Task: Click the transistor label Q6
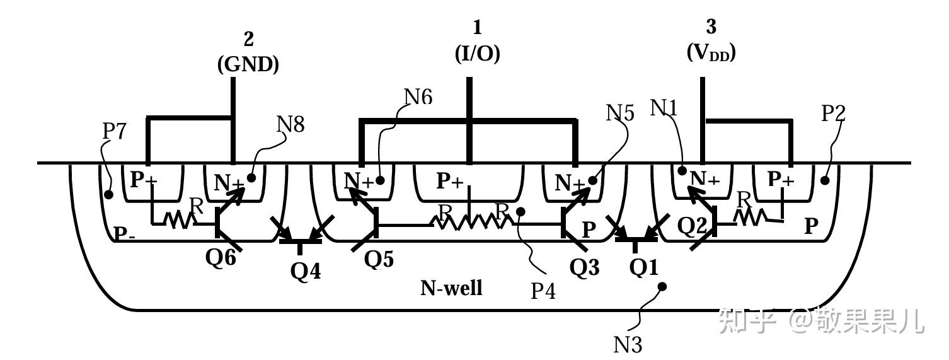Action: (x=221, y=258)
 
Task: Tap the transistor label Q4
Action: (x=306, y=271)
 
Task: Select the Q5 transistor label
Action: (x=379, y=260)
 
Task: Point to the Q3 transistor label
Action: (x=584, y=267)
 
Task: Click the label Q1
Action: (x=643, y=267)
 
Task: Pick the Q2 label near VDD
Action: (x=693, y=224)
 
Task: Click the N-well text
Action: (x=451, y=288)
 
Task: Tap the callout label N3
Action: (x=628, y=344)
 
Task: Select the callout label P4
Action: (x=543, y=291)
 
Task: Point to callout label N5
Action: (x=621, y=113)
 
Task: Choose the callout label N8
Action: (x=290, y=124)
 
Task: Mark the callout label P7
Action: (x=114, y=131)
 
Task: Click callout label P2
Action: (x=834, y=113)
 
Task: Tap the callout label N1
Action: (x=664, y=108)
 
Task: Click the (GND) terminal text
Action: (x=248, y=65)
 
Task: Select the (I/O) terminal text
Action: (x=477, y=54)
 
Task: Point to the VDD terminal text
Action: (x=711, y=53)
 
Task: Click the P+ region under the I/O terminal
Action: (x=450, y=182)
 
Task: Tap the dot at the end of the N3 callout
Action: (x=662, y=287)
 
